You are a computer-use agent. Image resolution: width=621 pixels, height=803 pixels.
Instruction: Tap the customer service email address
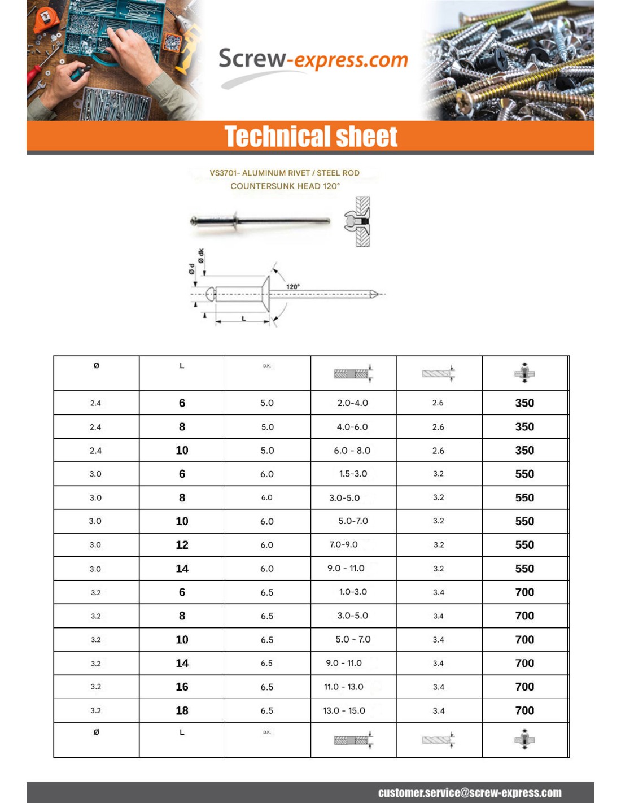[469, 792]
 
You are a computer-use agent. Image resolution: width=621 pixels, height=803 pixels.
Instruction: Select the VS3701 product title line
[285, 173]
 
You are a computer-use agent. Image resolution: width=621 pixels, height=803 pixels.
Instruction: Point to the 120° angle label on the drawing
[292, 286]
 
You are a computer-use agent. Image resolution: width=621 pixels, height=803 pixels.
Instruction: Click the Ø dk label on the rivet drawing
[202, 256]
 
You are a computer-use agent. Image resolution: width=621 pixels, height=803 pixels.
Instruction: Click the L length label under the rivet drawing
[244, 318]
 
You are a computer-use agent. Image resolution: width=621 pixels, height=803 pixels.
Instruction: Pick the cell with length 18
[182, 710]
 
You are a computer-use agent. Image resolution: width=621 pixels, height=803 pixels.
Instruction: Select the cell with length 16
[182, 687]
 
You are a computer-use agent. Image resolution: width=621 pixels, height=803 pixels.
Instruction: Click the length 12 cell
[182, 545]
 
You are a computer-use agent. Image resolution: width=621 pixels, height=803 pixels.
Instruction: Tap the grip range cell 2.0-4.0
[352, 403]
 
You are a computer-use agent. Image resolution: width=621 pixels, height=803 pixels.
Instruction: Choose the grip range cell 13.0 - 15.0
[344, 710]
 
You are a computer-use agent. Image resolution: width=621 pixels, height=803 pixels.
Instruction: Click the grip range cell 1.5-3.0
[353, 474]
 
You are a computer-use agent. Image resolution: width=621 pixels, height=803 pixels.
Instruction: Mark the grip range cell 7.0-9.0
[343, 545]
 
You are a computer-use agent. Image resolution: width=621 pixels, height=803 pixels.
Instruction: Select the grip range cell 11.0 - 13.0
[343, 687]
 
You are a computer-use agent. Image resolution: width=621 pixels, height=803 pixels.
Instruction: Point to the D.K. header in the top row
[266, 366]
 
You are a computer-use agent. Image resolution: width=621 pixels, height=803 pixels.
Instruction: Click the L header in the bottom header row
[182, 732]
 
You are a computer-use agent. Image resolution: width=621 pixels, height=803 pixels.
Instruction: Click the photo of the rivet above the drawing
[260, 221]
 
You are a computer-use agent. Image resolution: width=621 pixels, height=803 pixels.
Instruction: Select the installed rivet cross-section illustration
[358, 221]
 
